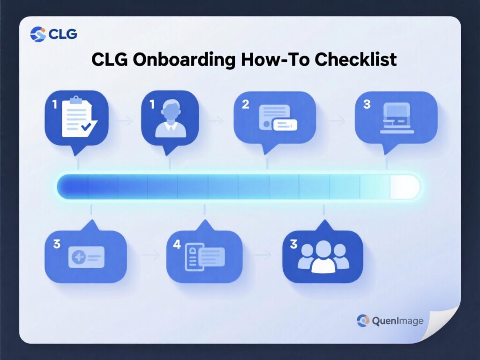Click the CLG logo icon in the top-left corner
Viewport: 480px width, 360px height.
tap(38, 34)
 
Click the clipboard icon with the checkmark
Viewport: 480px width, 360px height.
tap(76, 116)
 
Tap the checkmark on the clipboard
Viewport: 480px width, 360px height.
tap(87, 126)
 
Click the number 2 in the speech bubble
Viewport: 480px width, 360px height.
tap(246, 104)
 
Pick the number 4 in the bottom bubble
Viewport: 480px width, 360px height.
tap(176, 244)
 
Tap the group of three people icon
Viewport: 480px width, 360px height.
tap(323, 257)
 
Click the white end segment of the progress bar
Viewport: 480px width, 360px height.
tap(404, 187)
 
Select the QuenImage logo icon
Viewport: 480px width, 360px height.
tap(363, 321)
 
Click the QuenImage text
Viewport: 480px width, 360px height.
tap(397, 321)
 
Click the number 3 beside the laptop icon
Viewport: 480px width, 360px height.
tap(367, 104)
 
